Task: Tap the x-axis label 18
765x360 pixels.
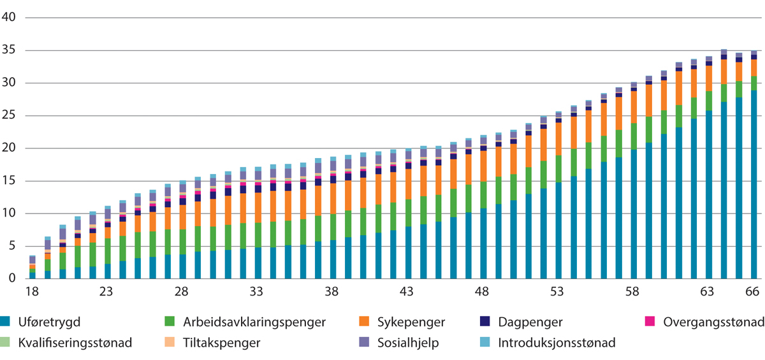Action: click(31, 291)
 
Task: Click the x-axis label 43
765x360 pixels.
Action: click(407, 291)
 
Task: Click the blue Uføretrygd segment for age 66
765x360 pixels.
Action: click(753, 185)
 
